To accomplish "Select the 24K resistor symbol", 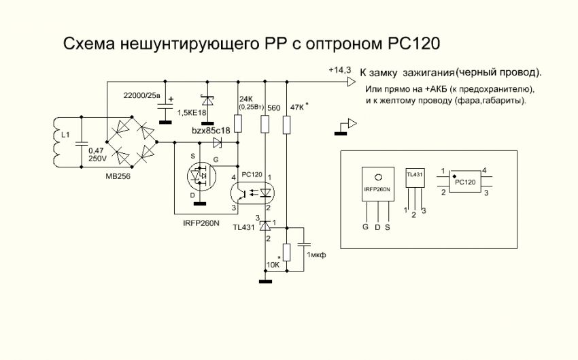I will pos(238,124).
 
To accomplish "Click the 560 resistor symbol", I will pos(265,124).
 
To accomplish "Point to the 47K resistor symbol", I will pos(287,124).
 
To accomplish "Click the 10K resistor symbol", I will pos(287,252).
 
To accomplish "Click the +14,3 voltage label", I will pos(339,70).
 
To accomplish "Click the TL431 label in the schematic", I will pos(245,227).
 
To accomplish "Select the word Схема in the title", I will pos(88,44).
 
